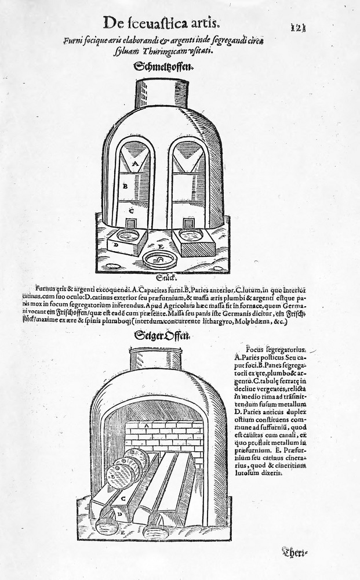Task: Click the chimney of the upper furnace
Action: point(162,93)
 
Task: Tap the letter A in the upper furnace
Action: point(134,165)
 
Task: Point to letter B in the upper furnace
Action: point(125,187)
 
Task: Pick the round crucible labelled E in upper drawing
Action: point(159,260)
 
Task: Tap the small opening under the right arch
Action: point(188,224)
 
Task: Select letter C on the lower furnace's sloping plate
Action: point(123,498)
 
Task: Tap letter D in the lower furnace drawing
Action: point(119,514)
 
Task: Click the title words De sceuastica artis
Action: point(161,23)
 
